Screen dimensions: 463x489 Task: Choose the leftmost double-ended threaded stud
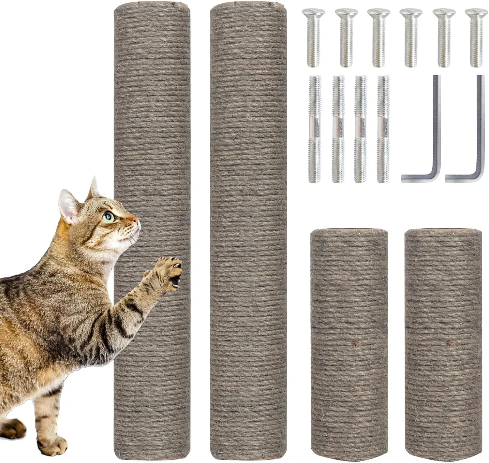pos(315,129)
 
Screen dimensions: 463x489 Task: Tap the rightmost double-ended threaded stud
pos(383,129)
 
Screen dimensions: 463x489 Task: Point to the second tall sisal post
pos(248,228)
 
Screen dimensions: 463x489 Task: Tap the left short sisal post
pos(349,342)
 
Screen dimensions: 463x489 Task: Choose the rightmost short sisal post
pos(443,342)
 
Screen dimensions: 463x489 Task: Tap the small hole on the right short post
pos(451,342)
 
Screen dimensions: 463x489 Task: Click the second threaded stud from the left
pos(338,129)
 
